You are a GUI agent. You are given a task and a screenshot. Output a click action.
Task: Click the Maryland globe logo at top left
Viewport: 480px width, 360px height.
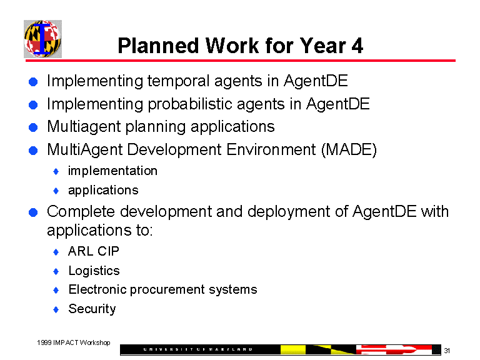coord(42,39)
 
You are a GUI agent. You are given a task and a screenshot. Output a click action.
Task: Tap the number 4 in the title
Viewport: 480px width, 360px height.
coord(357,46)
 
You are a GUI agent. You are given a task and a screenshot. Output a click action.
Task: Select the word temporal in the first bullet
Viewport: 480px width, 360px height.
coord(177,81)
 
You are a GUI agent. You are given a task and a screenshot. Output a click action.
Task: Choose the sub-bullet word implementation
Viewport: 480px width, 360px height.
coord(112,171)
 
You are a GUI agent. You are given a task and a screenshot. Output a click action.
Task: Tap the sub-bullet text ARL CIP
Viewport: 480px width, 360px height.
coord(94,251)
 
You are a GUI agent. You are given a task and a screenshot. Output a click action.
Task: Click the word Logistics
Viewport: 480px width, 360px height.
coord(94,271)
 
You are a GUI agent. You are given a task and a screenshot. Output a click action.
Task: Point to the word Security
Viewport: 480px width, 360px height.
coord(92,309)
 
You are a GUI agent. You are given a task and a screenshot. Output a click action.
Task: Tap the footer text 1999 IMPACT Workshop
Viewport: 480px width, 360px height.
coord(74,342)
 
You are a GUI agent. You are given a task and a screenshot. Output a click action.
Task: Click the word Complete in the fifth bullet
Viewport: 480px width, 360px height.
coord(81,211)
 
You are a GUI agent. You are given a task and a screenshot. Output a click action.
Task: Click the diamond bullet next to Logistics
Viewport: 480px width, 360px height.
coord(56,271)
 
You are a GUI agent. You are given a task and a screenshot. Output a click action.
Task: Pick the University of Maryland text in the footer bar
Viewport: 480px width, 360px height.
coord(200,349)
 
